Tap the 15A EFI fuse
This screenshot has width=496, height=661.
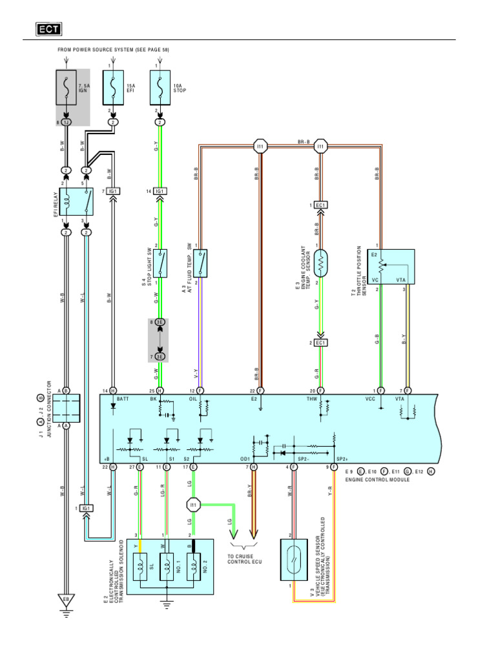[x=114, y=87]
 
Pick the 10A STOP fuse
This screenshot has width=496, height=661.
[x=160, y=87]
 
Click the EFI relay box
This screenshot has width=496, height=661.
[x=76, y=202]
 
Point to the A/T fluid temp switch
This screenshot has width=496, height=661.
[x=200, y=263]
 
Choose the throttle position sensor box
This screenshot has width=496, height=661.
[x=391, y=266]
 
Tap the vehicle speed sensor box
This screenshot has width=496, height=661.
[x=294, y=556]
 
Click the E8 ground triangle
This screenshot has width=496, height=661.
[x=66, y=600]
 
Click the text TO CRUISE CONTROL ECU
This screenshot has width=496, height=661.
[x=240, y=558]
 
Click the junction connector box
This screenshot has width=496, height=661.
[x=66, y=407]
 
